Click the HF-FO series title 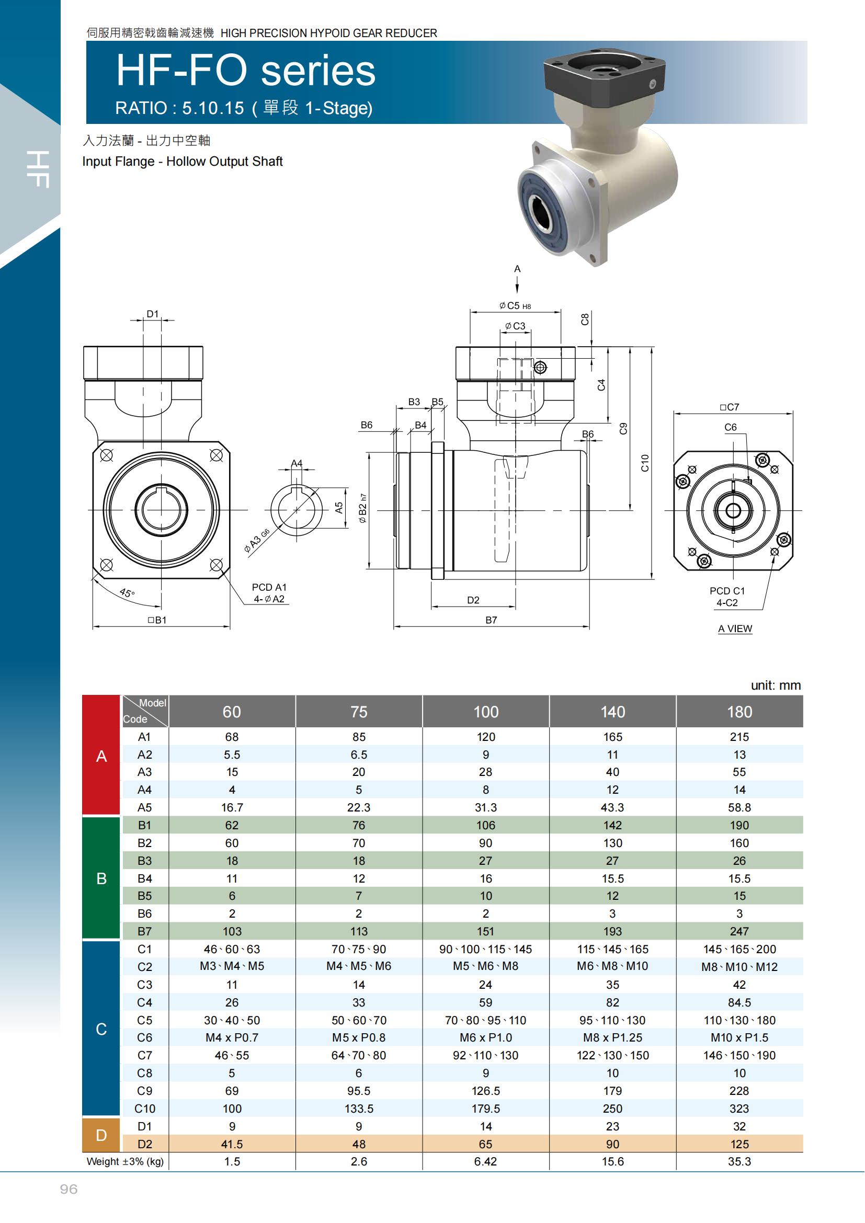pos(246,71)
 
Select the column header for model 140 pos(612,712)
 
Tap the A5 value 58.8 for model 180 pos(739,807)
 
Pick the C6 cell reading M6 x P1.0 pos(486,1037)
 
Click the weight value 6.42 pos(486,1162)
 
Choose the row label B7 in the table pos(144,931)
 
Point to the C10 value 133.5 pos(359,1108)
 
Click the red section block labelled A pos(101,756)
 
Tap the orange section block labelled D pos(101,1135)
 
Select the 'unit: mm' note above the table pos(776,685)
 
